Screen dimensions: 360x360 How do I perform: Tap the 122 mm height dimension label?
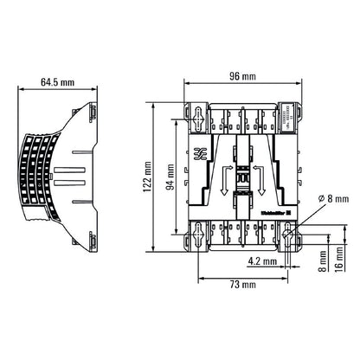coord(147,177)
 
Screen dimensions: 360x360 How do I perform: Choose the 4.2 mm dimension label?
coord(261,260)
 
